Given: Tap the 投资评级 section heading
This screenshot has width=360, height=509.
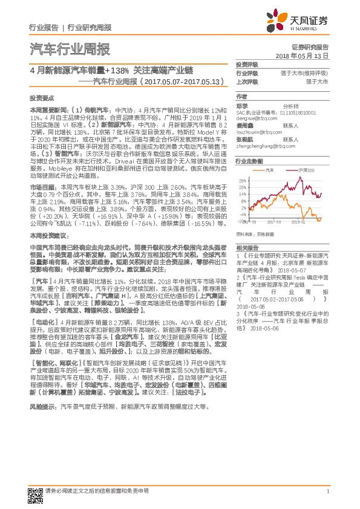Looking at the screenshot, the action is click(246, 64).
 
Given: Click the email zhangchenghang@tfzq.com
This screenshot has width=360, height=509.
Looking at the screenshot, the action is click(264, 146).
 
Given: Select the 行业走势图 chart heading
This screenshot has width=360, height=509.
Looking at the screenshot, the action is click(249, 163).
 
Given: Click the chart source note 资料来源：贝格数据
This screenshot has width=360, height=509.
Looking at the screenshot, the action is click(255, 233).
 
